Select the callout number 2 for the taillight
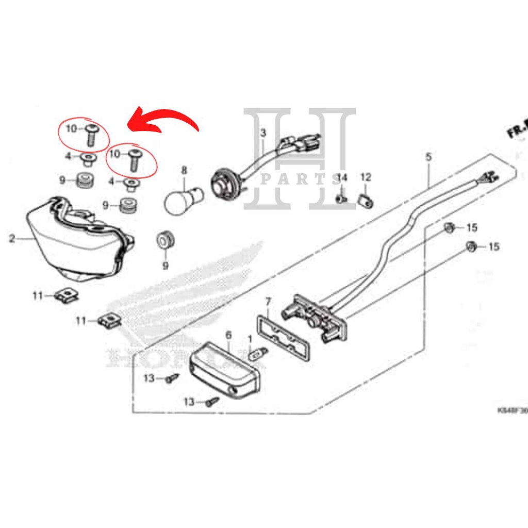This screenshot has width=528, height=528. point(12,239)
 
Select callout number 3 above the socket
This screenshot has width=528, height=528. point(263,133)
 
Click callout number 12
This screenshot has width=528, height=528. point(366,178)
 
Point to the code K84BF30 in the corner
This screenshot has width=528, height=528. point(512,411)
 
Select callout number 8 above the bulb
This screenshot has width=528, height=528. point(184,170)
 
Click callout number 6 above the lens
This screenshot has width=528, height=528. point(228,336)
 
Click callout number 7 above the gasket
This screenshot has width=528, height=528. point(268,301)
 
